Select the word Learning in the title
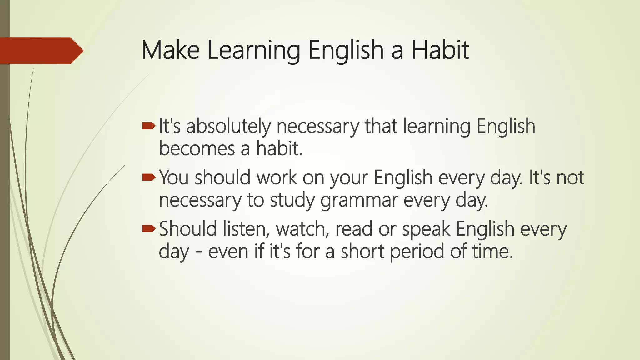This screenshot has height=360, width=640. click(253, 51)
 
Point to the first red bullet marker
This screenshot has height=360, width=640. click(148, 126)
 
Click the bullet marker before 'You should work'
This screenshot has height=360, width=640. click(148, 177)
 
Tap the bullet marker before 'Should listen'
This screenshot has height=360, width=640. click(148, 229)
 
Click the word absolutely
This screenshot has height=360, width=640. click(228, 127)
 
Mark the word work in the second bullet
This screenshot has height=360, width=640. click(277, 177)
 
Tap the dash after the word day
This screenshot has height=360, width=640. click(198, 252)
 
